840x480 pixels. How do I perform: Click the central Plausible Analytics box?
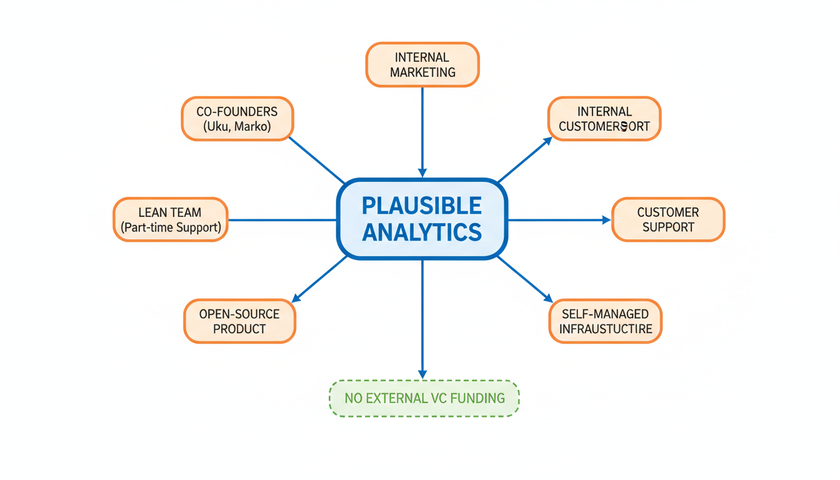click(422, 219)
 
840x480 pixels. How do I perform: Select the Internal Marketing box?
click(422, 64)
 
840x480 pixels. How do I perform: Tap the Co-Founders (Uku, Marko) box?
click(237, 119)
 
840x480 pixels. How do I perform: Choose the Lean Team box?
click(171, 220)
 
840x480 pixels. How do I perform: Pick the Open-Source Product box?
click(239, 321)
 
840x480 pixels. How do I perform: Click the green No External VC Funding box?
click(424, 398)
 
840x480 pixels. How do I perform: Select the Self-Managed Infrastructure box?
click(605, 321)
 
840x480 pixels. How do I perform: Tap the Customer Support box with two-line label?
click(667, 220)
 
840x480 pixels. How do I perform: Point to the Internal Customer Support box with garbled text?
click(604, 119)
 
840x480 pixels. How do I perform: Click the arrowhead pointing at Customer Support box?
click(606, 220)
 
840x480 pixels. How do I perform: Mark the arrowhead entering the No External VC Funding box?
click(422, 374)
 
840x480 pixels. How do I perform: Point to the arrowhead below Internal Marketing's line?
click(422, 172)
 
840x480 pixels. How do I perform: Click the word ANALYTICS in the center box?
click(422, 232)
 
